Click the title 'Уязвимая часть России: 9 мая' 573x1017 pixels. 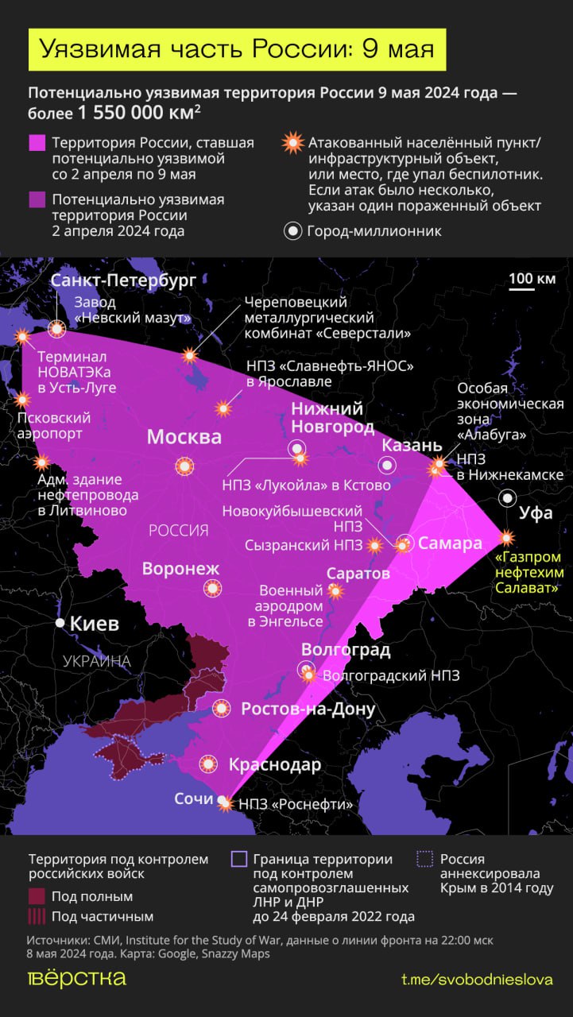click(x=238, y=49)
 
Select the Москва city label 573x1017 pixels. click(x=184, y=438)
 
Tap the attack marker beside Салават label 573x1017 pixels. click(x=506, y=538)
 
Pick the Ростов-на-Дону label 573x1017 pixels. click(x=308, y=709)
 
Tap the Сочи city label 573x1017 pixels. click(x=194, y=799)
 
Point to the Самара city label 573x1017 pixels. click(x=450, y=543)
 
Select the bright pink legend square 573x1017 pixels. click(x=37, y=143)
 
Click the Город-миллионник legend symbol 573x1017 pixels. click(x=293, y=231)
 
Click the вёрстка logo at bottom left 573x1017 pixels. click(x=77, y=978)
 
